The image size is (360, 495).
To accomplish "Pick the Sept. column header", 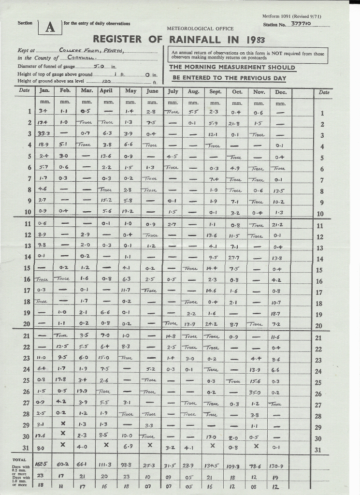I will click(x=215, y=91).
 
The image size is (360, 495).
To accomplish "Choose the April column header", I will click(x=107, y=91).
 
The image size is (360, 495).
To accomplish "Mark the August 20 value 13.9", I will click(x=193, y=325).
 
